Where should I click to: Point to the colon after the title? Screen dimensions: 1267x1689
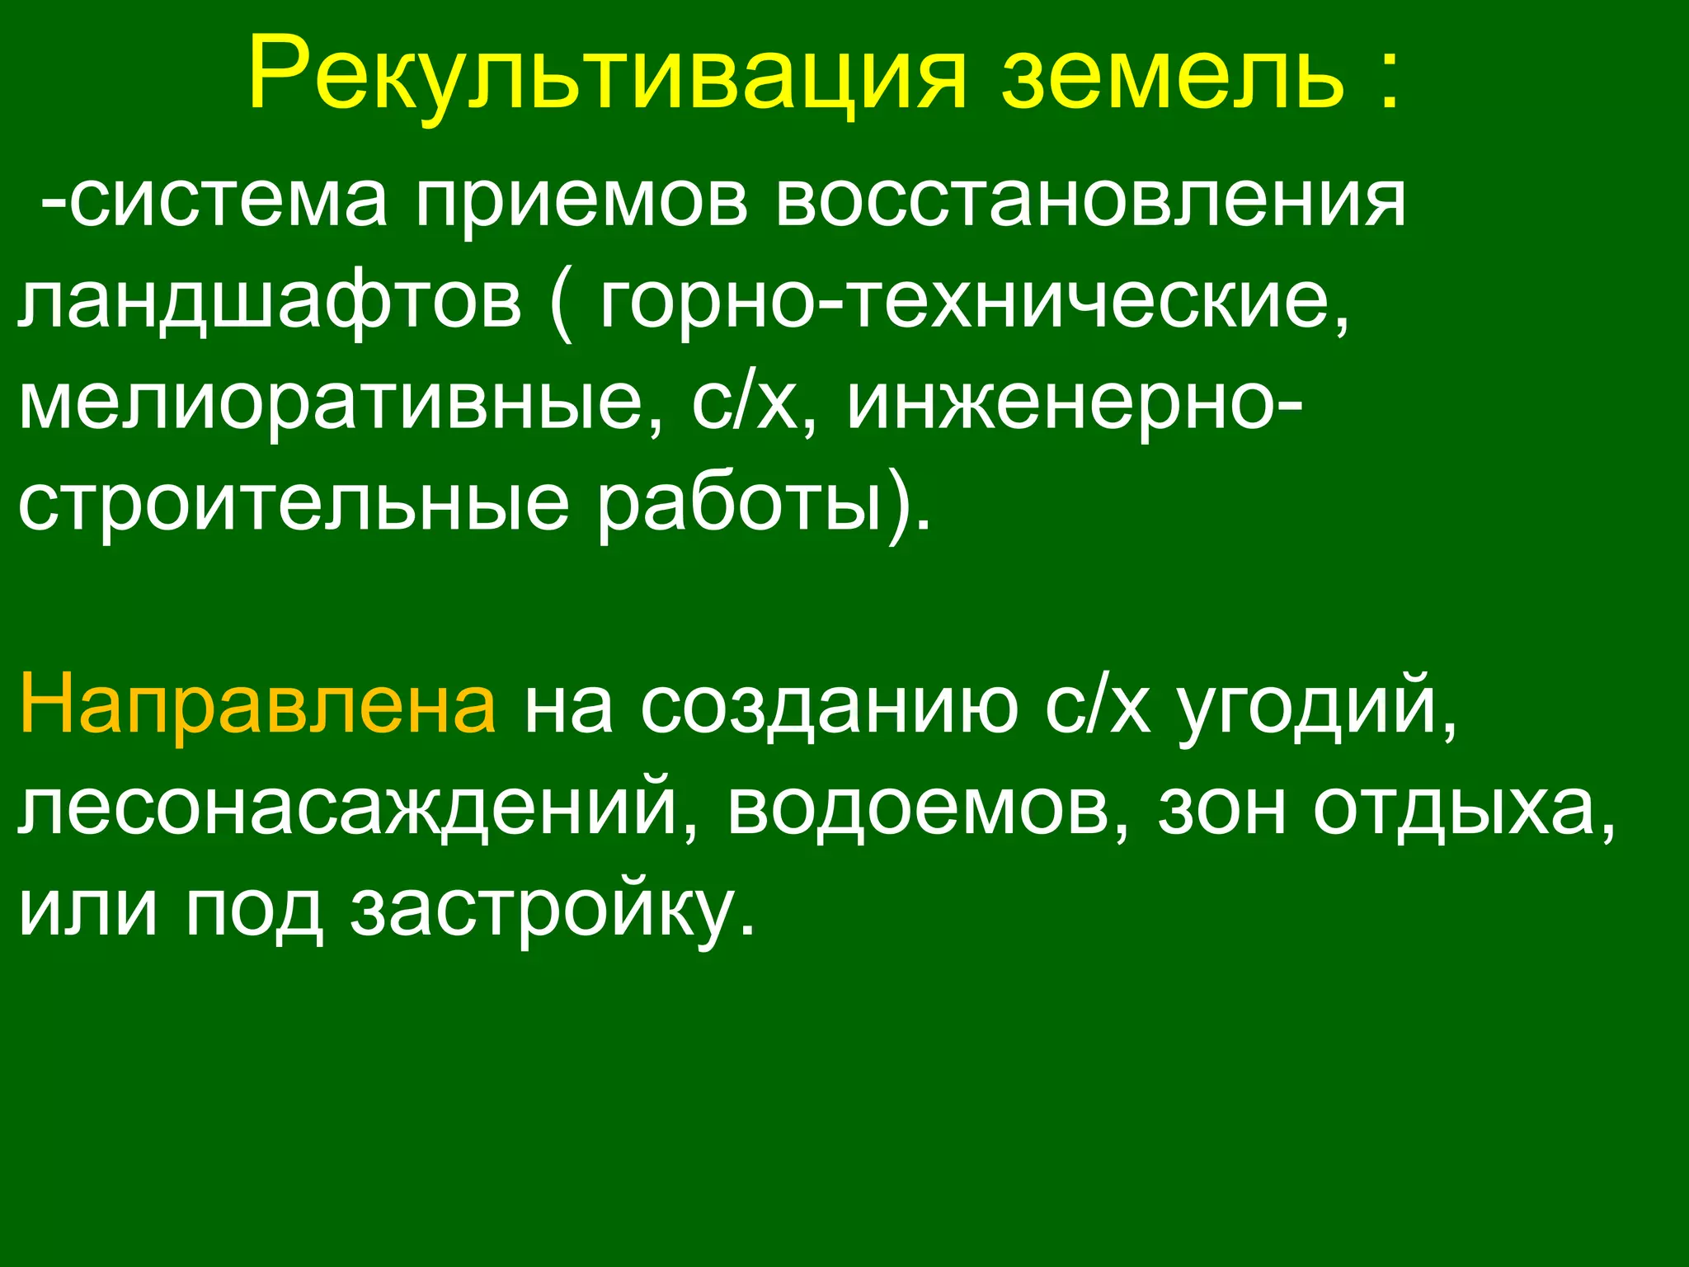pyautogui.click(x=1388, y=81)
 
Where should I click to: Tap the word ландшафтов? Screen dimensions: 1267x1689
pyautogui.click(x=269, y=302)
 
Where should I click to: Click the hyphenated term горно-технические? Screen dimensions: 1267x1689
pyautogui.click(x=974, y=302)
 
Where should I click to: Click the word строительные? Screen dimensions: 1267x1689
pyautogui.click(x=293, y=505)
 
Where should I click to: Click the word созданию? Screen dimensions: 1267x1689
pyautogui.click(x=829, y=709)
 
